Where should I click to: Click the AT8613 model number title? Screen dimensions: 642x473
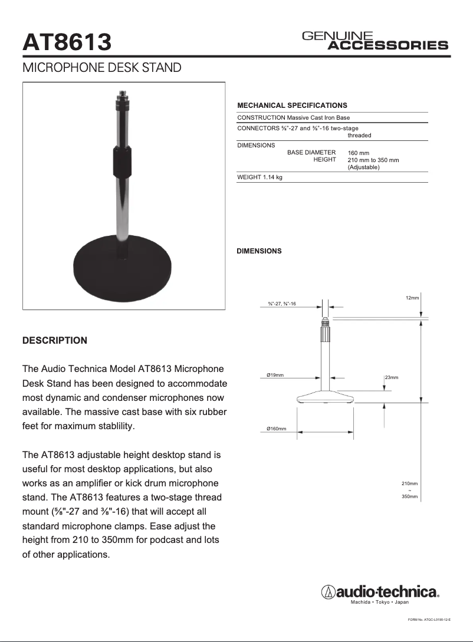pyautogui.click(x=67, y=42)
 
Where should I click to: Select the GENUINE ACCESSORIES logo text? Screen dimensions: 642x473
pyautogui.click(x=375, y=41)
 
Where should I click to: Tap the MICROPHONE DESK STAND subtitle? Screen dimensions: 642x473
pyautogui.click(x=101, y=68)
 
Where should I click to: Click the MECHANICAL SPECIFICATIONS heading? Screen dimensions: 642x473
pyautogui.click(x=292, y=106)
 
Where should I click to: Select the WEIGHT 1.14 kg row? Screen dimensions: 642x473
pyautogui.click(x=260, y=177)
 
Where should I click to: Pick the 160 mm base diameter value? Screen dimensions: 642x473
pyautogui.click(x=359, y=153)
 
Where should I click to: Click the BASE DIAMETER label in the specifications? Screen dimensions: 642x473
pyautogui.click(x=311, y=152)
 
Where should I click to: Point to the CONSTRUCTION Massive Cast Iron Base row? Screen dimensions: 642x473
pyautogui.click(x=293, y=118)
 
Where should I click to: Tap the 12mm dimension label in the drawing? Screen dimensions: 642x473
pyautogui.click(x=412, y=298)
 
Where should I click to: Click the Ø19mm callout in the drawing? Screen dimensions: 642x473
pyautogui.click(x=275, y=376)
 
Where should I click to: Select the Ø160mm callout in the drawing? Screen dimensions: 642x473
pyautogui.click(x=277, y=429)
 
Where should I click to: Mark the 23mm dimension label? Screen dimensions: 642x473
pyautogui.click(x=392, y=377)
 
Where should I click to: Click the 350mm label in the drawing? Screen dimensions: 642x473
pyautogui.click(x=409, y=497)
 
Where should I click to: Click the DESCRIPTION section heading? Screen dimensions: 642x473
pyautogui.click(x=54, y=341)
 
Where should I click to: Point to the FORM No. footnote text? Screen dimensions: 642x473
pyautogui.click(x=429, y=620)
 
